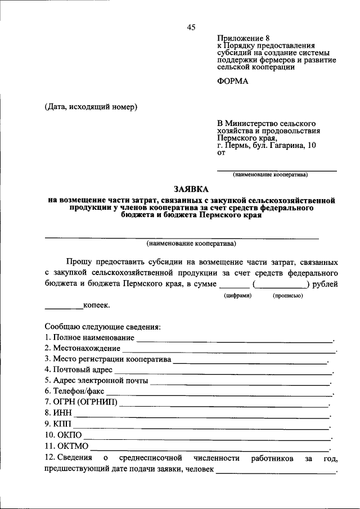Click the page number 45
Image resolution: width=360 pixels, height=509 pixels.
[x=191, y=28]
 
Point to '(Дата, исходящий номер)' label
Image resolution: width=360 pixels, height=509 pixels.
[x=91, y=107]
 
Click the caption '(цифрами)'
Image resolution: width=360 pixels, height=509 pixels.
[x=237, y=295]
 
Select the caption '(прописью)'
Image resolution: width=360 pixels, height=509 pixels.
[x=287, y=295]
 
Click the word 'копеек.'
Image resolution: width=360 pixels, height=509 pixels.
[x=97, y=305]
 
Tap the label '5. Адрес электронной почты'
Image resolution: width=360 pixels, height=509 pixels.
[x=96, y=381]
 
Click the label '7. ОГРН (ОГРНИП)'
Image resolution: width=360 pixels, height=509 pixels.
[x=80, y=402]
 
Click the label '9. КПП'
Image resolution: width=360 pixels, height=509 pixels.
[x=58, y=424]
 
